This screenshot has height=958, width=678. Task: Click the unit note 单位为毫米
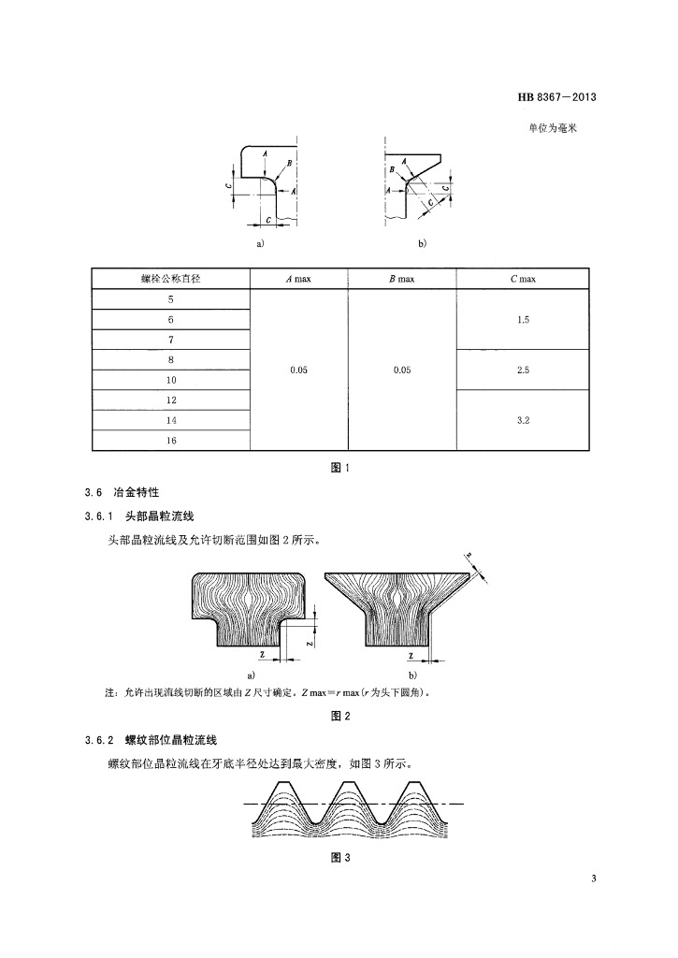pyautogui.click(x=553, y=128)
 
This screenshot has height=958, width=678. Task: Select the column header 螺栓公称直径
pyautogui.click(x=171, y=279)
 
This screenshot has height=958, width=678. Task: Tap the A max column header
pyautogui.click(x=298, y=279)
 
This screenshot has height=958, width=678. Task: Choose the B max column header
pyautogui.click(x=401, y=279)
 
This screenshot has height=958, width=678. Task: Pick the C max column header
pyautogui.click(x=523, y=279)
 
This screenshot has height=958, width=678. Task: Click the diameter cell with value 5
pyautogui.click(x=171, y=299)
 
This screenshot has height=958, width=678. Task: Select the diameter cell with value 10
pyautogui.click(x=171, y=381)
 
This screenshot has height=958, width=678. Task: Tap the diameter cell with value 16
pyautogui.click(x=171, y=442)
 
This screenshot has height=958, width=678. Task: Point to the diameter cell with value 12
pyautogui.click(x=171, y=401)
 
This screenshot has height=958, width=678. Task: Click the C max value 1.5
pyautogui.click(x=523, y=320)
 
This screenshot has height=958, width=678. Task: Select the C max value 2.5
pyautogui.click(x=523, y=370)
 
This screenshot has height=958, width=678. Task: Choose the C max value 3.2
pyautogui.click(x=523, y=421)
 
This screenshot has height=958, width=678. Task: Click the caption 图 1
pyautogui.click(x=340, y=469)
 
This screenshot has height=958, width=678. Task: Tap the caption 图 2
pyautogui.click(x=340, y=717)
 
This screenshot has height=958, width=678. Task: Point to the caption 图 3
pyautogui.click(x=340, y=860)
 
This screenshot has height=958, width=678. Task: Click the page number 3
pyautogui.click(x=593, y=878)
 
